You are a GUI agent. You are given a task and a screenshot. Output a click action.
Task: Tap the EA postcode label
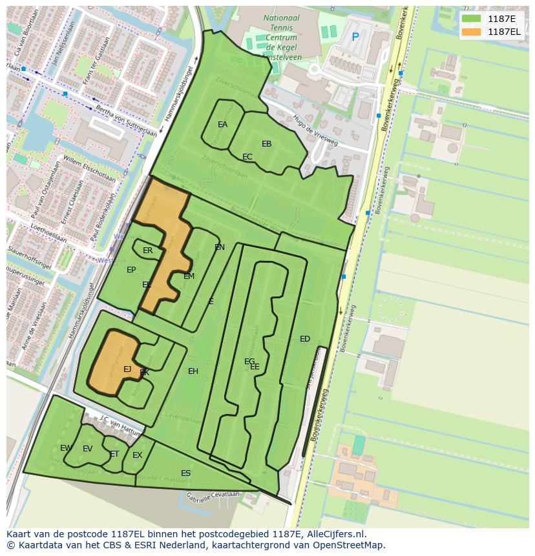tap(222, 125)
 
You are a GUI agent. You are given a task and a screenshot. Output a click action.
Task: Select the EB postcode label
tap(266, 144)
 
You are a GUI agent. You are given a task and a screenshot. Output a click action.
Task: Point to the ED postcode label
tap(305, 339)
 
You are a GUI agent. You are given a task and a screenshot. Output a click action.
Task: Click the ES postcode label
tap(185, 473)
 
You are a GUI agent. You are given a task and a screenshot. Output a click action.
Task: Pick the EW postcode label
tap(66, 448)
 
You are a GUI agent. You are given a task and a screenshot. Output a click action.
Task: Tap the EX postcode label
tap(137, 455)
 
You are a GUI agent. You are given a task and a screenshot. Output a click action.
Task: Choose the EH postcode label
tap(193, 371)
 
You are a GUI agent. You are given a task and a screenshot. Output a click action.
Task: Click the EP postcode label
tap(131, 270)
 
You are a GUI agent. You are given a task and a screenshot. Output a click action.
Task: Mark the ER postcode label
tap(147, 251)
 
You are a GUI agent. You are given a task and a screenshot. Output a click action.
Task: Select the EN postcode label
tap(220, 247)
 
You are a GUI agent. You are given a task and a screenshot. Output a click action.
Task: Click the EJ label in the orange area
tap(127, 369)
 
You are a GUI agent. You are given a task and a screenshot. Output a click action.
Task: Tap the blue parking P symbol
tap(355, 37)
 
